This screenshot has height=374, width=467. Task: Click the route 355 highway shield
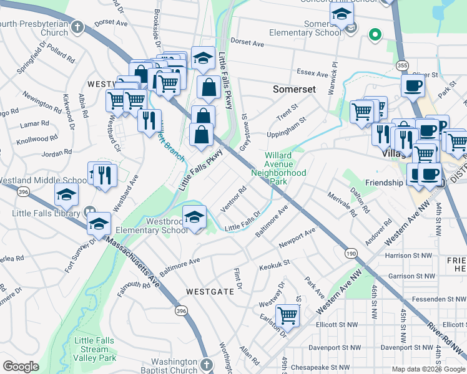point(403,65)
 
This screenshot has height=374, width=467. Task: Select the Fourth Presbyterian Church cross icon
point(77,27)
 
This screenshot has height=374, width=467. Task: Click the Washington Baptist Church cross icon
point(207,363)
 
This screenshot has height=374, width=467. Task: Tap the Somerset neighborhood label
point(294,89)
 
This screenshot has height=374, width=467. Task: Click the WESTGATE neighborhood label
point(209,291)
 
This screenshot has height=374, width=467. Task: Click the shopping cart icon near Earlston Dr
point(287,315)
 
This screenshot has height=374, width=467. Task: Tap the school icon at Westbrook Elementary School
point(195,217)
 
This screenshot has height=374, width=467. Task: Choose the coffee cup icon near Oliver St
point(413,85)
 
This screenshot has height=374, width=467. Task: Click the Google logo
point(21,367)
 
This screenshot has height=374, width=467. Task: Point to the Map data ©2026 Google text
point(428,369)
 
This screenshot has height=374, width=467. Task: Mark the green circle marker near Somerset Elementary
point(375,34)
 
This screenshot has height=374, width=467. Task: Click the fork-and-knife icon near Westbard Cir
point(149,119)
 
